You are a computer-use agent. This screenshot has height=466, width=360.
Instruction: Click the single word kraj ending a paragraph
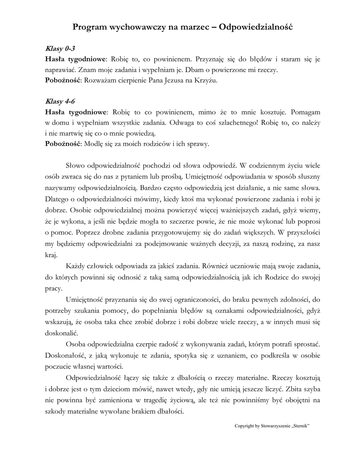(51, 254)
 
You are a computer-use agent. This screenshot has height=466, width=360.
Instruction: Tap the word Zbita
(299, 389)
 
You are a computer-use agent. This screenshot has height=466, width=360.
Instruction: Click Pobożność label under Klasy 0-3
(61, 81)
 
